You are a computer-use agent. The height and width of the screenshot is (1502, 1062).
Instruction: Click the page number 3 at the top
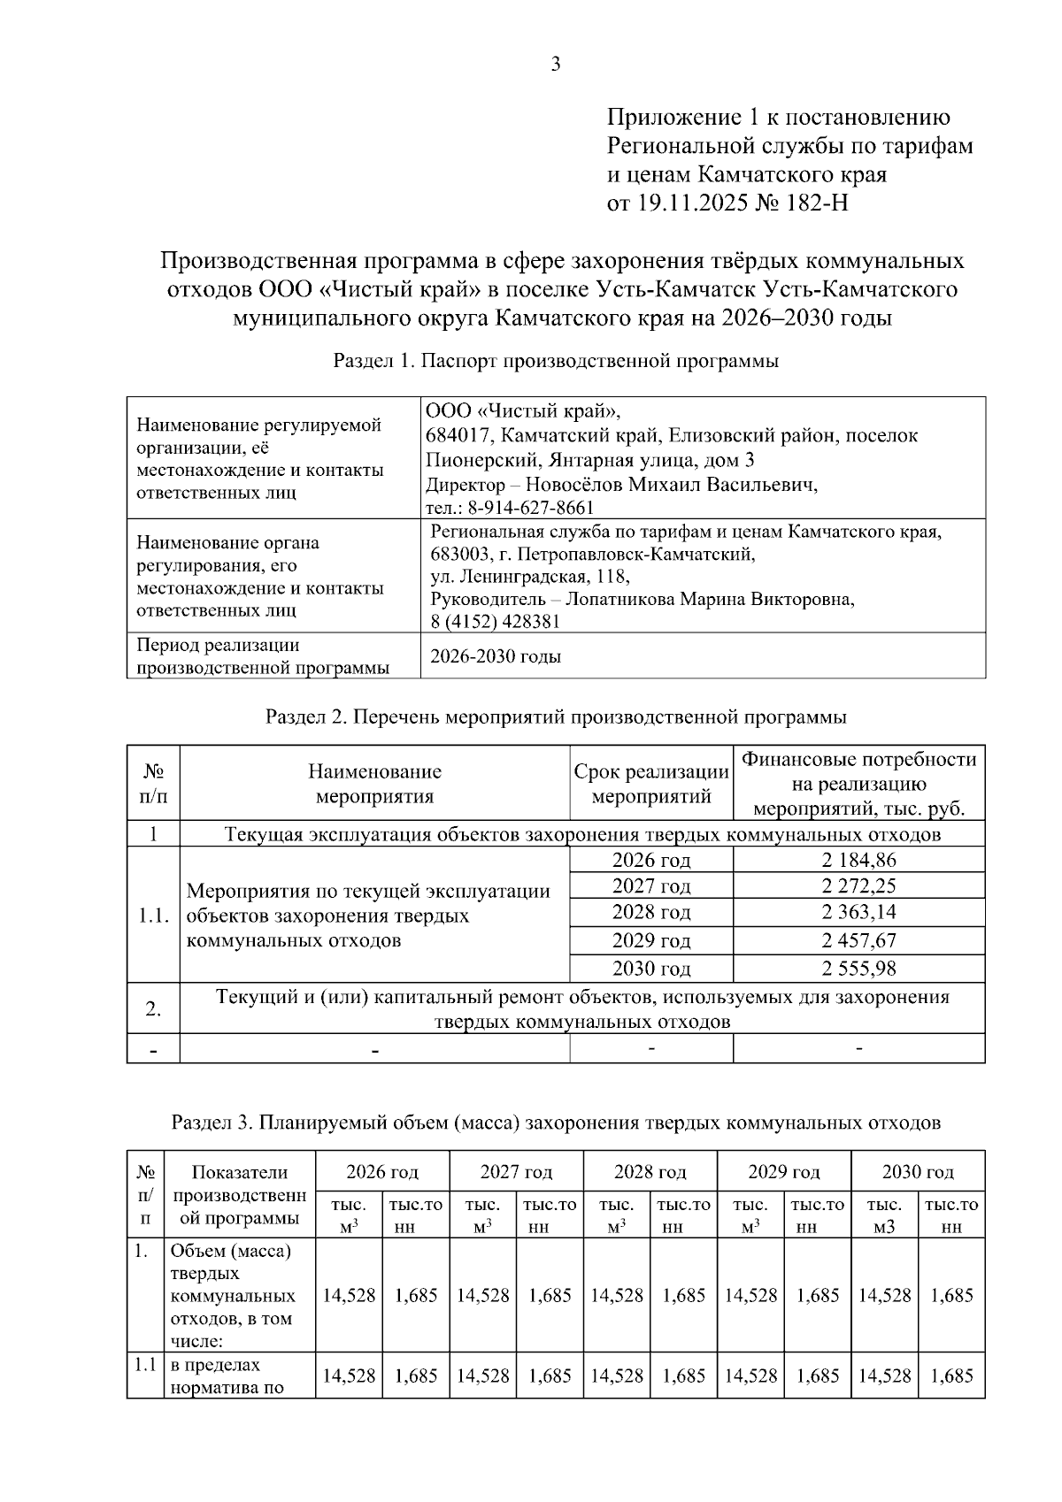(x=556, y=64)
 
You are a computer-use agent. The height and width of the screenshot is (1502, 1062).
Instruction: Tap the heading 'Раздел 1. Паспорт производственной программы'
(x=556, y=361)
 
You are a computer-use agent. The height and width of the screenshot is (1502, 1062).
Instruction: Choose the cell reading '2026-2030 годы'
(x=496, y=656)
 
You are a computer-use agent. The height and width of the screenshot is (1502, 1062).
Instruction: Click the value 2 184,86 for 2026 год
(x=858, y=860)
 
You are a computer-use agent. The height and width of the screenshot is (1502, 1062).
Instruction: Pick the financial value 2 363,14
(x=858, y=912)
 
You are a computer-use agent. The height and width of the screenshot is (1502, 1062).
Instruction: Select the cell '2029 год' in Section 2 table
(x=651, y=940)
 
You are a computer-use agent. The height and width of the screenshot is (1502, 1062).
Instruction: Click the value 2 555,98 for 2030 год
(x=858, y=969)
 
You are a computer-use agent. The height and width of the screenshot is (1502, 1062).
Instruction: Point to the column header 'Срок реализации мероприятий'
(x=651, y=784)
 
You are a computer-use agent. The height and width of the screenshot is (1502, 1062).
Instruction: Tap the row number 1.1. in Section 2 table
(x=153, y=916)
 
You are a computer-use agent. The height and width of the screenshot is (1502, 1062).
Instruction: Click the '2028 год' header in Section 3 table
(x=650, y=1172)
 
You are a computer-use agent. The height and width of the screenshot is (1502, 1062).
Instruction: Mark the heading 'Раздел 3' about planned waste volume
(x=556, y=1123)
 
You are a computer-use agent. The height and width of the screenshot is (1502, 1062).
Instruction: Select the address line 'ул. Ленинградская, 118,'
(x=529, y=577)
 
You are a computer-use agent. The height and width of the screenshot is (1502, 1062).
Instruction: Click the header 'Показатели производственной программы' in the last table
(x=240, y=1195)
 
